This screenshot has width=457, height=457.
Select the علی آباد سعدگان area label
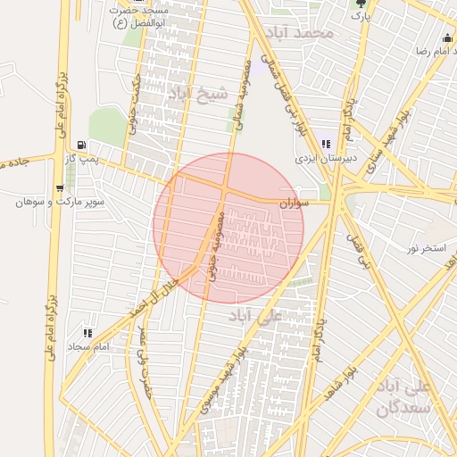(x=405, y=398)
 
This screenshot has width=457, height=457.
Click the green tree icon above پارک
(x=360, y=3)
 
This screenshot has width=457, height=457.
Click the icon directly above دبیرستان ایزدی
(x=327, y=144)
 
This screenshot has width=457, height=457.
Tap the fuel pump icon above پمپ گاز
(x=82, y=145)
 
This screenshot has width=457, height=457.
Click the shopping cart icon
(x=59, y=188)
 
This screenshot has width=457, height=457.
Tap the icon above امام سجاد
(x=87, y=332)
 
